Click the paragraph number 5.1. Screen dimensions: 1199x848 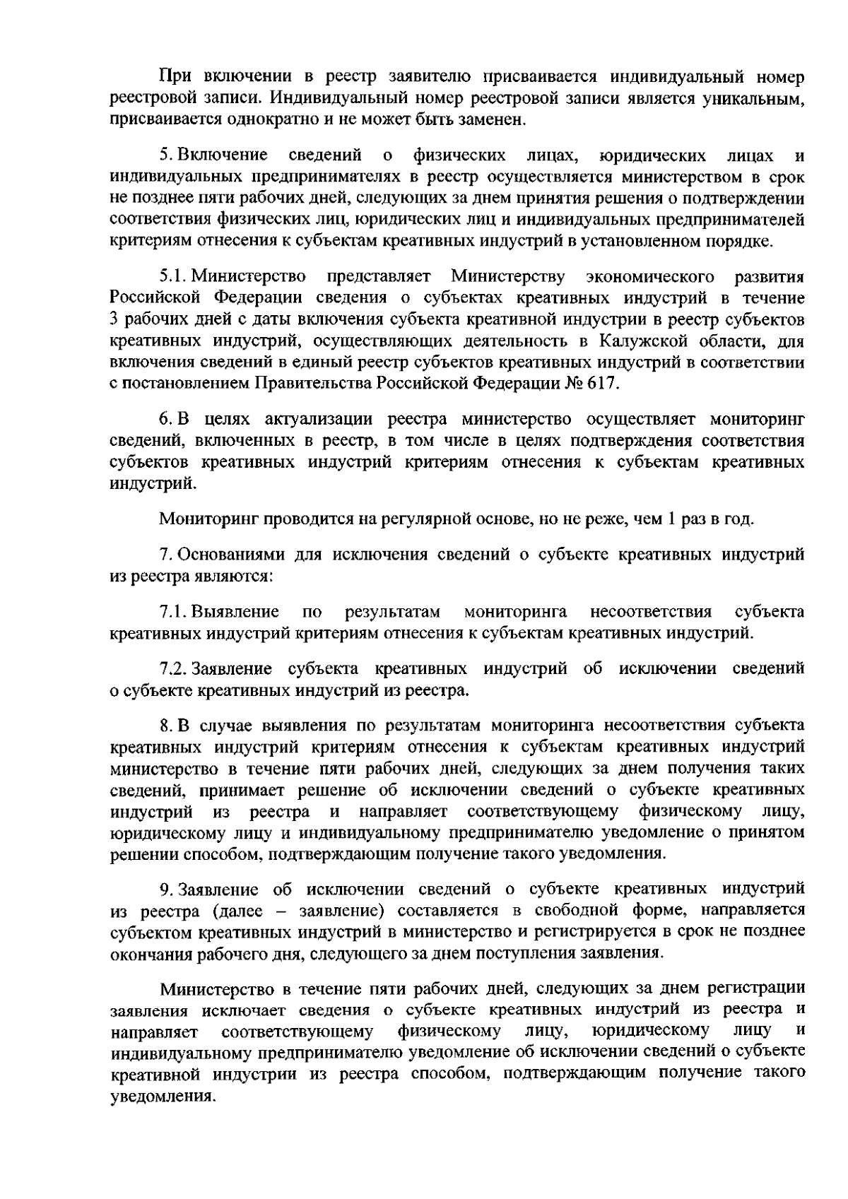click(x=173, y=274)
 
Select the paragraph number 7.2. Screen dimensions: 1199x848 click(x=173, y=668)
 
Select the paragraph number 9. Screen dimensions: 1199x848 click(x=165, y=888)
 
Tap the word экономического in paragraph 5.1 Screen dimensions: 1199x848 click(x=649, y=274)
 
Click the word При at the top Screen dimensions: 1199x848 click(x=175, y=76)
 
